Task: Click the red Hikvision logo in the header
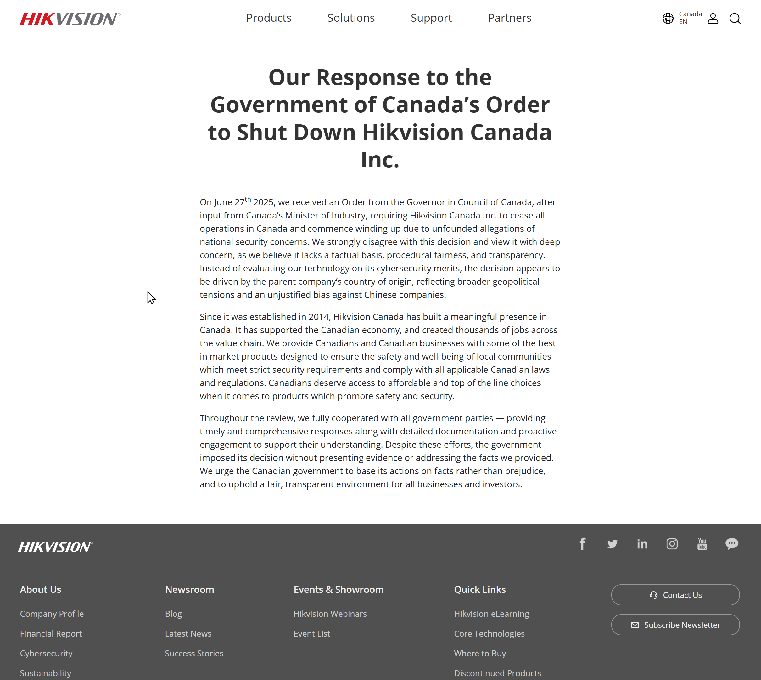pyautogui.click(x=70, y=19)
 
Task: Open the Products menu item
pyautogui.click(x=268, y=18)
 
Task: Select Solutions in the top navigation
pyautogui.click(x=351, y=18)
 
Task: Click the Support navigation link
pyautogui.click(x=431, y=18)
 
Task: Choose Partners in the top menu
pyautogui.click(x=509, y=18)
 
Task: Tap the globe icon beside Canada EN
pyautogui.click(x=668, y=18)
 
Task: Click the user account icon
pyautogui.click(x=713, y=18)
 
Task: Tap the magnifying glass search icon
pyautogui.click(x=735, y=18)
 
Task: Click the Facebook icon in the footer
pyautogui.click(x=582, y=544)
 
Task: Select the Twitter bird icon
pyautogui.click(x=612, y=544)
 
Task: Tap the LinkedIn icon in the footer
pyautogui.click(x=642, y=544)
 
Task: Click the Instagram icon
pyautogui.click(x=672, y=544)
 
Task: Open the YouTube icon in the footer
pyautogui.click(x=702, y=544)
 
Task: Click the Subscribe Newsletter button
pyautogui.click(x=675, y=625)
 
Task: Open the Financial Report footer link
pyautogui.click(x=51, y=633)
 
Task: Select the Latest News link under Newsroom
pyautogui.click(x=188, y=633)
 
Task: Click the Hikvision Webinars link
pyautogui.click(x=330, y=614)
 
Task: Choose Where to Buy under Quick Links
pyautogui.click(x=480, y=653)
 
